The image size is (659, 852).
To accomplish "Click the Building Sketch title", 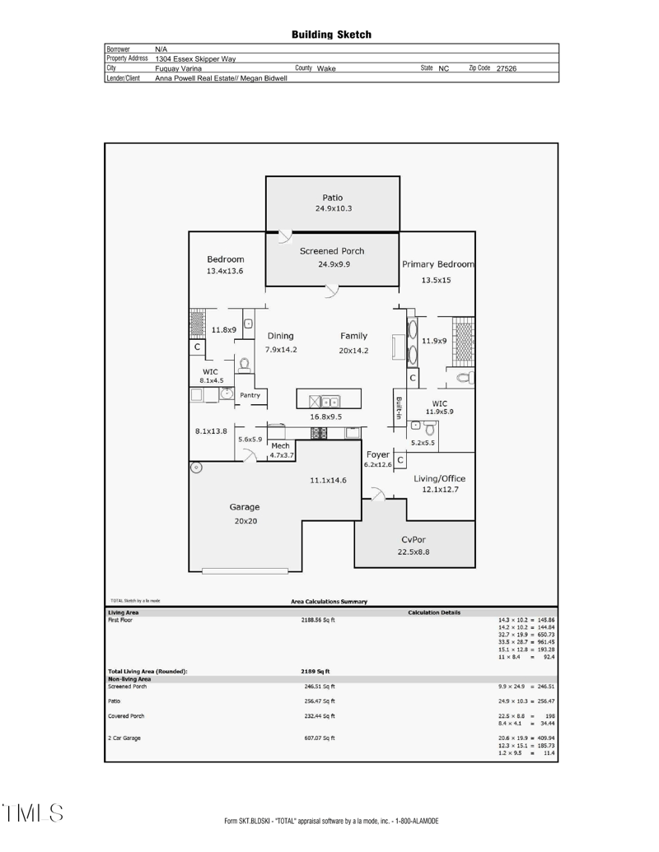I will pos(331,35).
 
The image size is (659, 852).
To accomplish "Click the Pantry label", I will pos(250,396).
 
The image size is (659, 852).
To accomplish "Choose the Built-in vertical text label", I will pos(399,407).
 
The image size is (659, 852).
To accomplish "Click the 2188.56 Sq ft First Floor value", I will pos(320,619).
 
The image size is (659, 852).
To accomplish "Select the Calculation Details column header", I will pos(435,612).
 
